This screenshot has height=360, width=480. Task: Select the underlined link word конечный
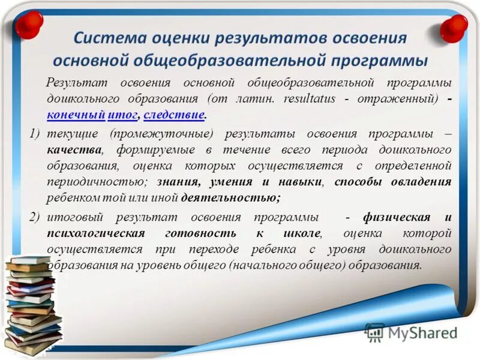point(76,114)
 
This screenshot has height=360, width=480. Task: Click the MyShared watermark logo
point(412,332)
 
